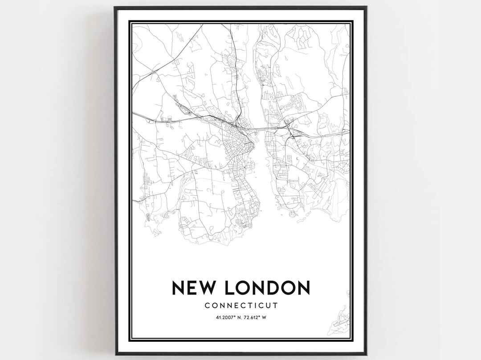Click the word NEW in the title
(195, 288)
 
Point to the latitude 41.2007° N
(227, 317)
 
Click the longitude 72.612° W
(254, 317)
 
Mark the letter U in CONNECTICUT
(269, 305)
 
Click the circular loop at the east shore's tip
(293, 214)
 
